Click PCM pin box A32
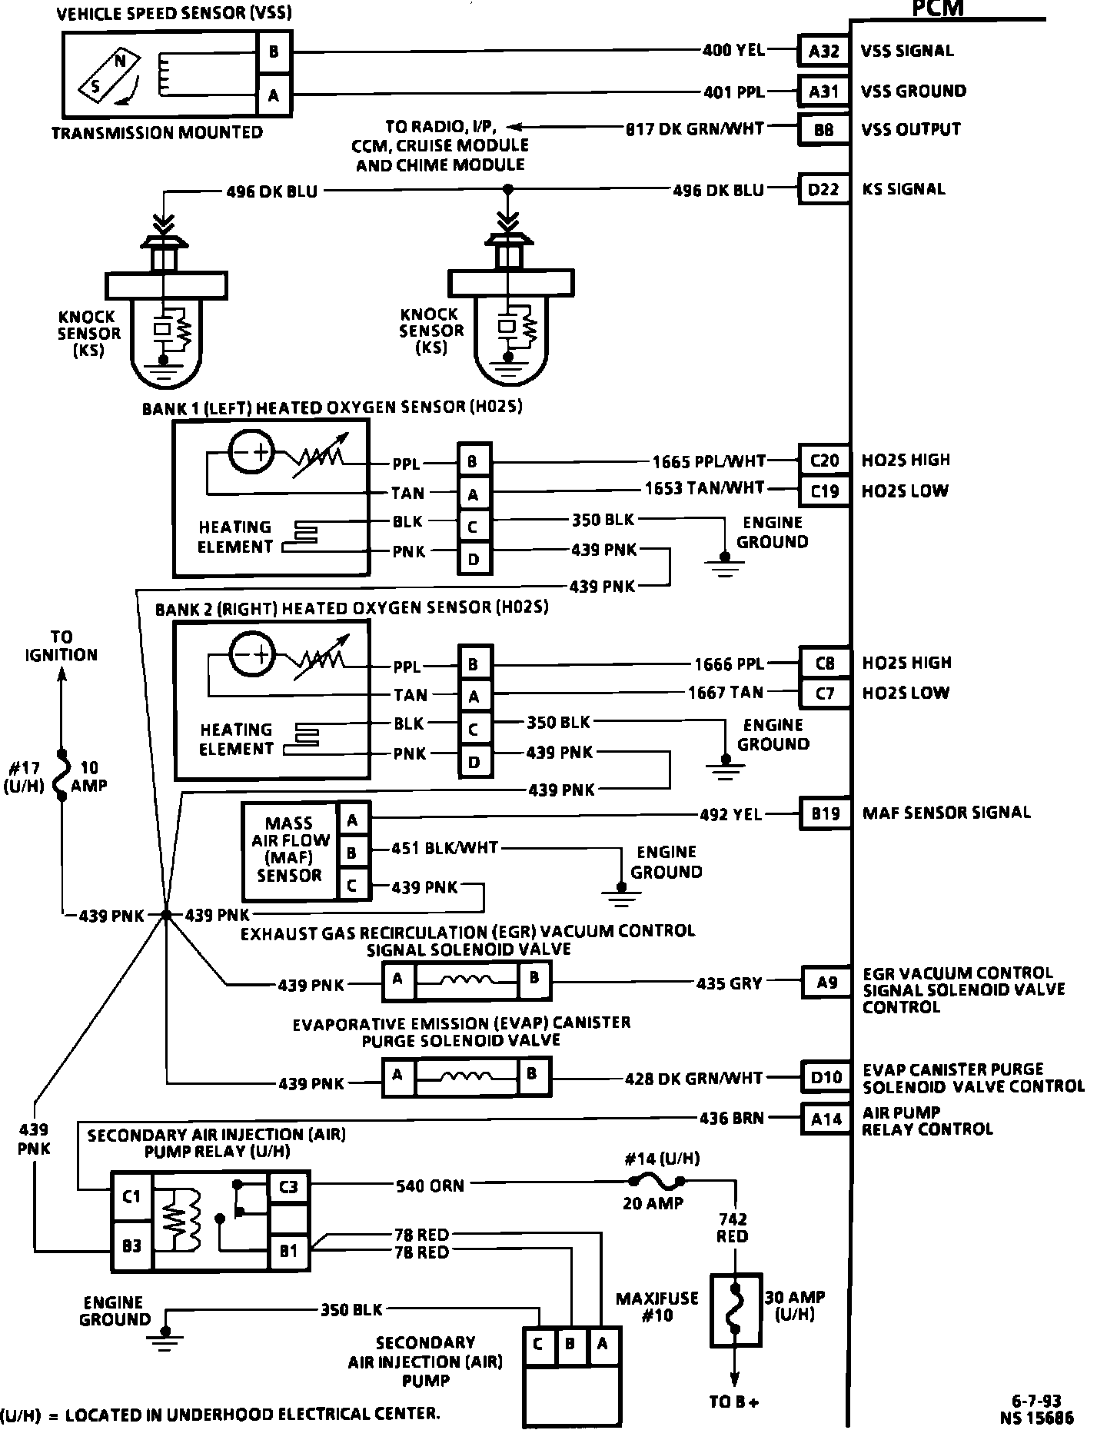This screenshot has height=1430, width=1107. tap(823, 52)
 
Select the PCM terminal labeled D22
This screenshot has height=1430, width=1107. tap(823, 189)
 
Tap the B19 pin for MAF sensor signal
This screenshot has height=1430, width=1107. tap(826, 813)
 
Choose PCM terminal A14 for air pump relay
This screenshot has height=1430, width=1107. tap(826, 1119)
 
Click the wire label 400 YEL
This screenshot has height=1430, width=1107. tap(733, 51)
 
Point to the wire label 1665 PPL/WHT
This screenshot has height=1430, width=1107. tap(709, 461)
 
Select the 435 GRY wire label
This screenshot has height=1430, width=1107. tap(729, 983)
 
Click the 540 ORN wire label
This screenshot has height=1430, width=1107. tap(430, 1186)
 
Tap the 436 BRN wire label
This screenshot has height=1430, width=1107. tap(731, 1118)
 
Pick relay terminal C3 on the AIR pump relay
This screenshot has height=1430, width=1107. tap(288, 1187)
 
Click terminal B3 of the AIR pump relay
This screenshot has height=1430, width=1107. tap(132, 1245)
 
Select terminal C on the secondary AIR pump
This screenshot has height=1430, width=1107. tap(538, 1344)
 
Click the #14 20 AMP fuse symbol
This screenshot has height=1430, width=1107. tap(655, 1182)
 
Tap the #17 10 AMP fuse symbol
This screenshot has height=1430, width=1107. tap(62, 775)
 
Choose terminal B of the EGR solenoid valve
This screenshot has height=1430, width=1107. tap(534, 979)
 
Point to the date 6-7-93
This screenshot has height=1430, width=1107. tap(1036, 1402)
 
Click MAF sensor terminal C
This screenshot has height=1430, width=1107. tap(352, 885)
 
